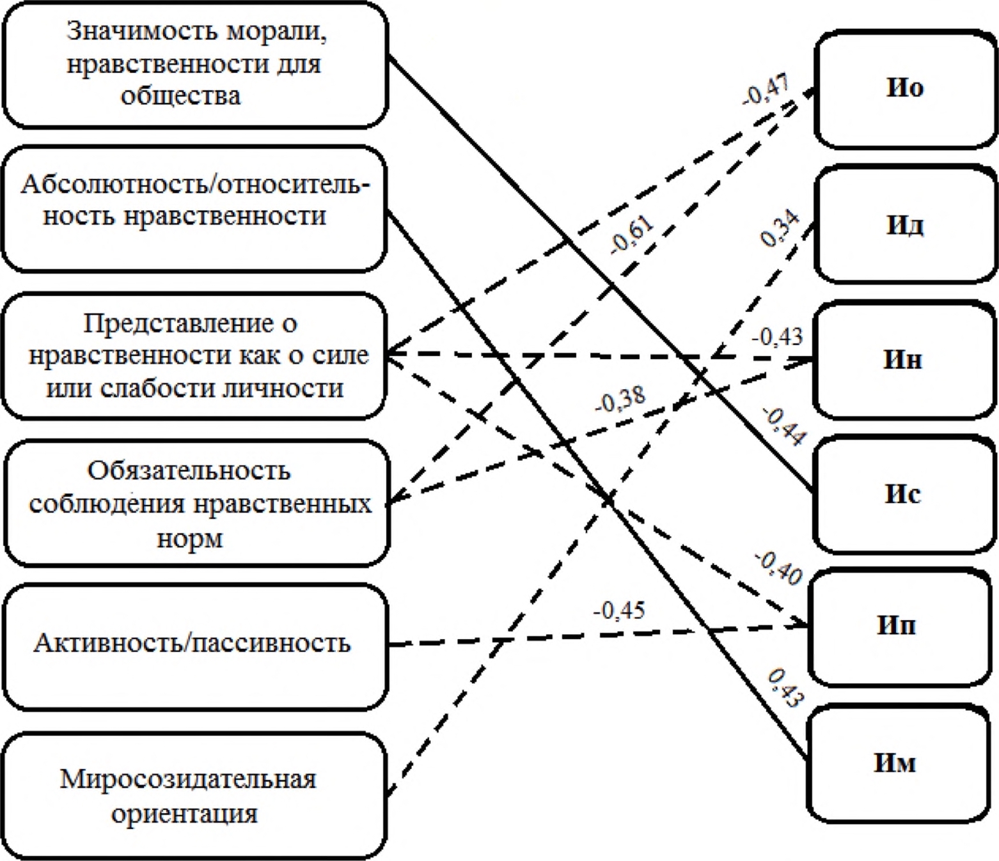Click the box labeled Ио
(x=904, y=88)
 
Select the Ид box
(x=904, y=225)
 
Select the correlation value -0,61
(x=632, y=235)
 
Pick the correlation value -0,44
(x=784, y=426)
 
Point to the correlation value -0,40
(x=778, y=568)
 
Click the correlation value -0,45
(x=618, y=611)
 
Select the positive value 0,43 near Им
(x=784, y=688)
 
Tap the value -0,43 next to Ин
(x=776, y=337)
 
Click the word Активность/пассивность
(x=192, y=643)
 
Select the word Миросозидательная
(x=188, y=779)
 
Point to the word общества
(x=181, y=96)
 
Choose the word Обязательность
(x=189, y=470)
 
